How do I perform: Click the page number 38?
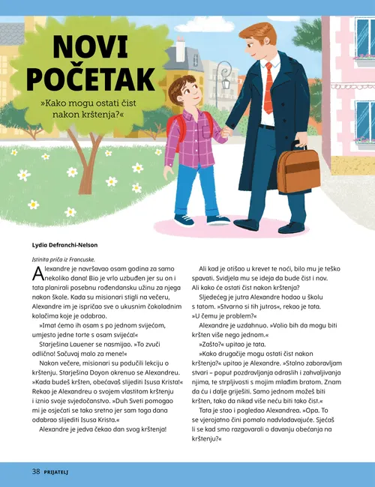click(x=35, y=471)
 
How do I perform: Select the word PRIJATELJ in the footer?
click(x=62, y=472)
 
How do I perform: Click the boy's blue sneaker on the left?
click(x=184, y=220)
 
